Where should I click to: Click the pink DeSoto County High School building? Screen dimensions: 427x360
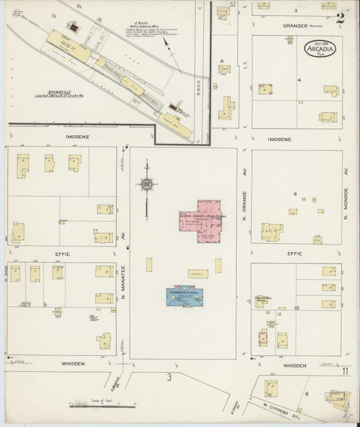(201, 220)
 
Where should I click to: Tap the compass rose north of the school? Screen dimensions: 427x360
(146, 182)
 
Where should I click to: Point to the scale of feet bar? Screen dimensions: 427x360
(99, 407)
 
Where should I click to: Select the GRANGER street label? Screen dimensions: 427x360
(294, 26)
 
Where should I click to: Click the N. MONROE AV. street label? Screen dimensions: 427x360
(345, 203)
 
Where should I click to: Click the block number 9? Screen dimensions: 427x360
(295, 194)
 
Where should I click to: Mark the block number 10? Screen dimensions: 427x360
(297, 307)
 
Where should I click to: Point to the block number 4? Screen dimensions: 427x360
(298, 79)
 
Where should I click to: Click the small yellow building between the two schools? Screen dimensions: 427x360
(198, 274)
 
